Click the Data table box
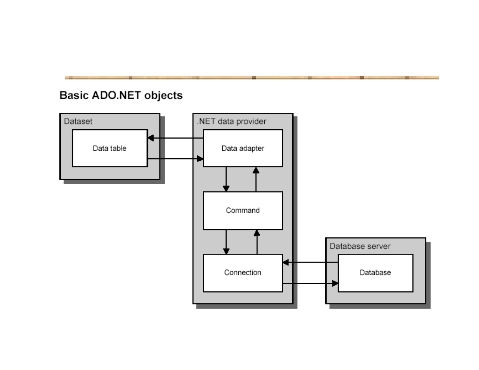click(x=110, y=148)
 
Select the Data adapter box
click(x=243, y=148)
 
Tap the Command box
click(x=243, y=211)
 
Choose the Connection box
click(x=243, y=273)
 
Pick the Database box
click(x=375, y=273)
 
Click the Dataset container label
click(x=78, y=121)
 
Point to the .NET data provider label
click(x=231, y=121)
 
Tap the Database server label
click(x=360, y=246)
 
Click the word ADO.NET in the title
click(x=116, y=95)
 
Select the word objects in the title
click(x=163, y=95)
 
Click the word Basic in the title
click(x=74, y=95)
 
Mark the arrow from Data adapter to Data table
click(x=175, y=138)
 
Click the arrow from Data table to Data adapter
click(x=175, y=159)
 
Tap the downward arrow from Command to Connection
click(x=226, y=242)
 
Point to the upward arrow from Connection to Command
click(x=257, y=242)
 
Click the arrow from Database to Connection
click(x=310, y=262)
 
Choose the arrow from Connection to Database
click(x=310, y=283)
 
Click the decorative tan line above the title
click(x=252, y=78)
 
